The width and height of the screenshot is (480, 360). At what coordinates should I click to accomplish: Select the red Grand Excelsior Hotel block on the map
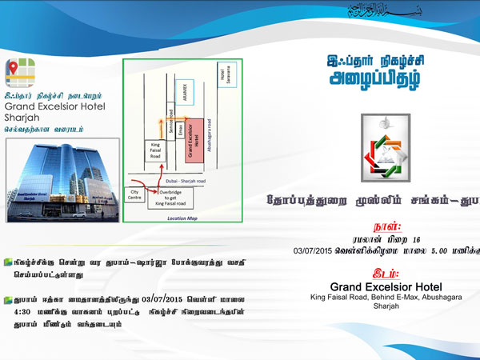192,138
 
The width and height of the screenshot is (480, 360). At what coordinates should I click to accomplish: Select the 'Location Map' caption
182,218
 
